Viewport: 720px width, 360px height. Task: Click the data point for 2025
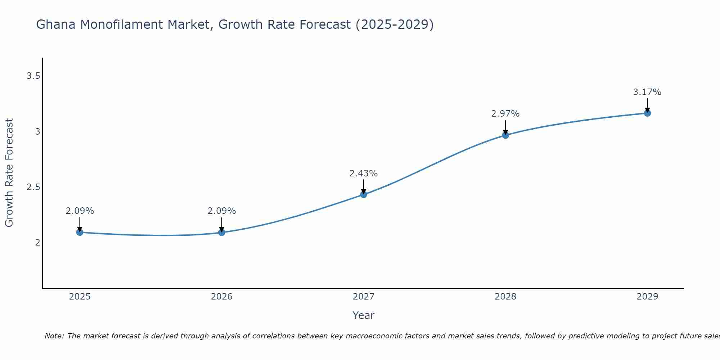(x=80, y=232)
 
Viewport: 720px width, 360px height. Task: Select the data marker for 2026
(x=221, y=232)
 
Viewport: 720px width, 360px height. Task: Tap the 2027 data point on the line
(x=363, y=194)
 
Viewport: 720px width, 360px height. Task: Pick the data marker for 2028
(x=505, y=135)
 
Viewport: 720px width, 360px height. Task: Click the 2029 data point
(x=647, y=113)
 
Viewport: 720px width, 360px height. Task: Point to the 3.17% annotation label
(x=647, y=92)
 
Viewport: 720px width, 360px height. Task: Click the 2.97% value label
(x=505, y=114)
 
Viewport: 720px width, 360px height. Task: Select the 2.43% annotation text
(x=363, y=174)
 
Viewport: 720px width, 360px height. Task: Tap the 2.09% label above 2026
(x=221, y=211)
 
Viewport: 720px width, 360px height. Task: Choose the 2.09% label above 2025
(x=80, y=211)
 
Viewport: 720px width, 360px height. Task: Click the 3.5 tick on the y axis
(x=33, y=76)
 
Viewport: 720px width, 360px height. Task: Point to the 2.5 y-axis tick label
(x=33, y=187)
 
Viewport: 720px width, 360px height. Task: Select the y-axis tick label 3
(x=37, y=132)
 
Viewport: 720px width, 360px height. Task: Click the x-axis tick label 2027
(x=363, y=297)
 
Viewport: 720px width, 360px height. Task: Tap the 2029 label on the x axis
(x=647, y=297)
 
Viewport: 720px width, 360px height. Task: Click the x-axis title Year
(x=363, y=315)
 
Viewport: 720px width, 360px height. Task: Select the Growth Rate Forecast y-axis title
(x=9, y=173)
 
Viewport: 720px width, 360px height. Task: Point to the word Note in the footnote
(x=54, y=336)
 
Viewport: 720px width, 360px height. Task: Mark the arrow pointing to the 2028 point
(x=505, y=127)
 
